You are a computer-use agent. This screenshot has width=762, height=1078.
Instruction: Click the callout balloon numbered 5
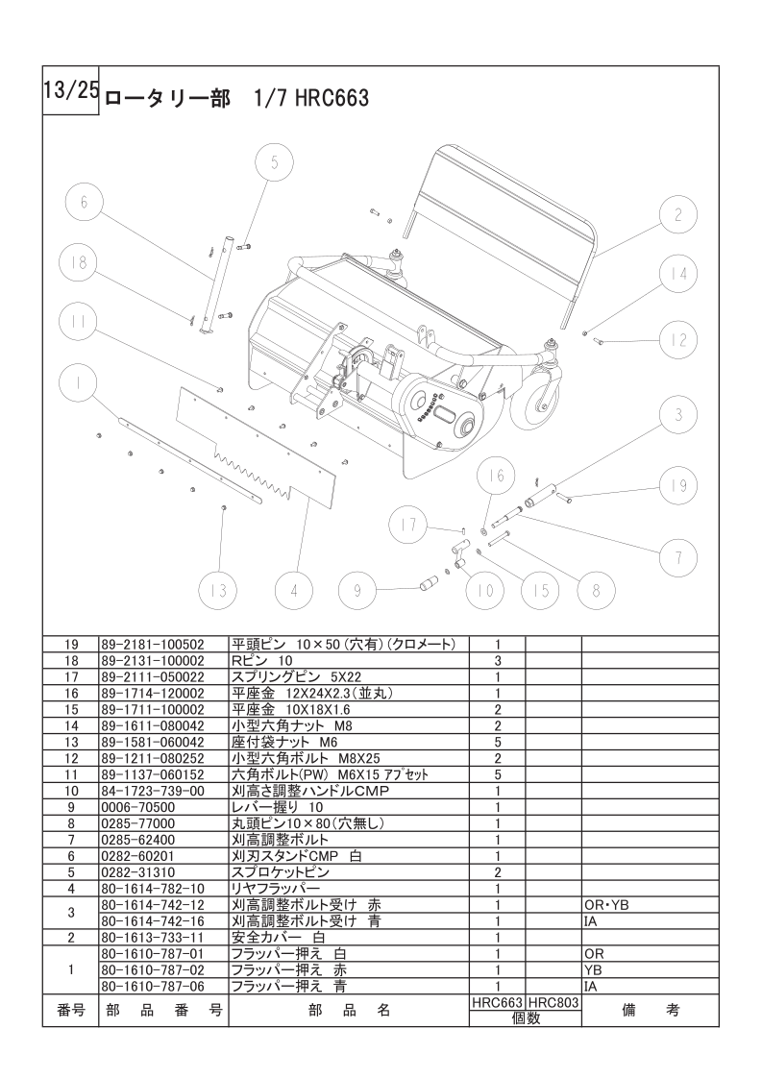coord(274,162)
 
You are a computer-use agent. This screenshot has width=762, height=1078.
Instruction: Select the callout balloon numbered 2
coord(678,214)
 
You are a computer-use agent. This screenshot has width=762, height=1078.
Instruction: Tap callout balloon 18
coord(78,261)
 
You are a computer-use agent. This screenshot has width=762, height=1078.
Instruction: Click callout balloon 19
coord(678,486)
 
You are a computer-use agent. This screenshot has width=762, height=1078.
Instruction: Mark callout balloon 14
coord(678,274)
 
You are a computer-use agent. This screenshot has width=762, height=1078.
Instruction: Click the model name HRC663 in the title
coord(332,98)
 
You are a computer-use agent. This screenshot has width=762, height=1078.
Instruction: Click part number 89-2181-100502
coord(153,644)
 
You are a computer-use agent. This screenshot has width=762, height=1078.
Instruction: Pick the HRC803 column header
coord(553,1000)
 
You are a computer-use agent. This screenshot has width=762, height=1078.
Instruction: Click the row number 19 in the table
coord(70,644)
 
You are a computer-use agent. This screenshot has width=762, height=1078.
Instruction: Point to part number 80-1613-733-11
coord(153,937)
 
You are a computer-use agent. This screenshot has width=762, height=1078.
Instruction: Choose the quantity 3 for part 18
coord(497,660)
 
